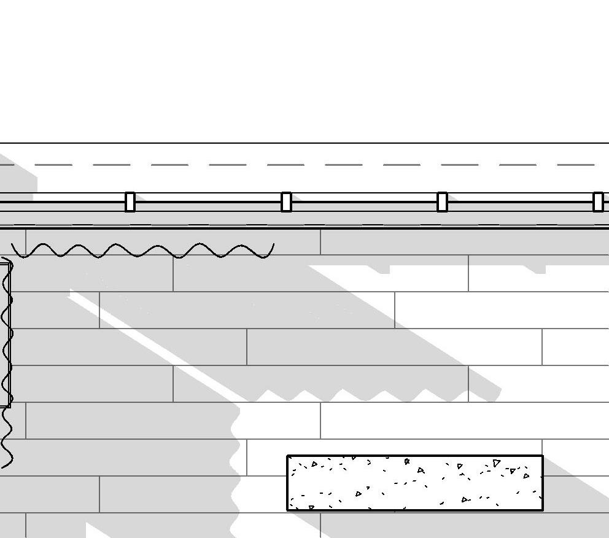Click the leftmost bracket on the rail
[x=130, y=202]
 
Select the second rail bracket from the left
[x=286, y=202]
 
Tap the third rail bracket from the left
[x=442, y=202]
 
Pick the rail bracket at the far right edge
[x=598, y=202]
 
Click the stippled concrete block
[x=415, y=483]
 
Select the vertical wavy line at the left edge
[x=7, y=362]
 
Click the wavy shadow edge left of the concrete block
[x=236, y=467]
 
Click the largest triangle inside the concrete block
[x=497, y=463]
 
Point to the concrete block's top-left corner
[x=288, y=456]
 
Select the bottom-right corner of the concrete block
[x=543, y=509]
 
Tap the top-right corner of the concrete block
[x=543, y=456]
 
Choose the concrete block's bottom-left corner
[x=288, y=509]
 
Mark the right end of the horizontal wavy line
[x=273, y=246]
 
